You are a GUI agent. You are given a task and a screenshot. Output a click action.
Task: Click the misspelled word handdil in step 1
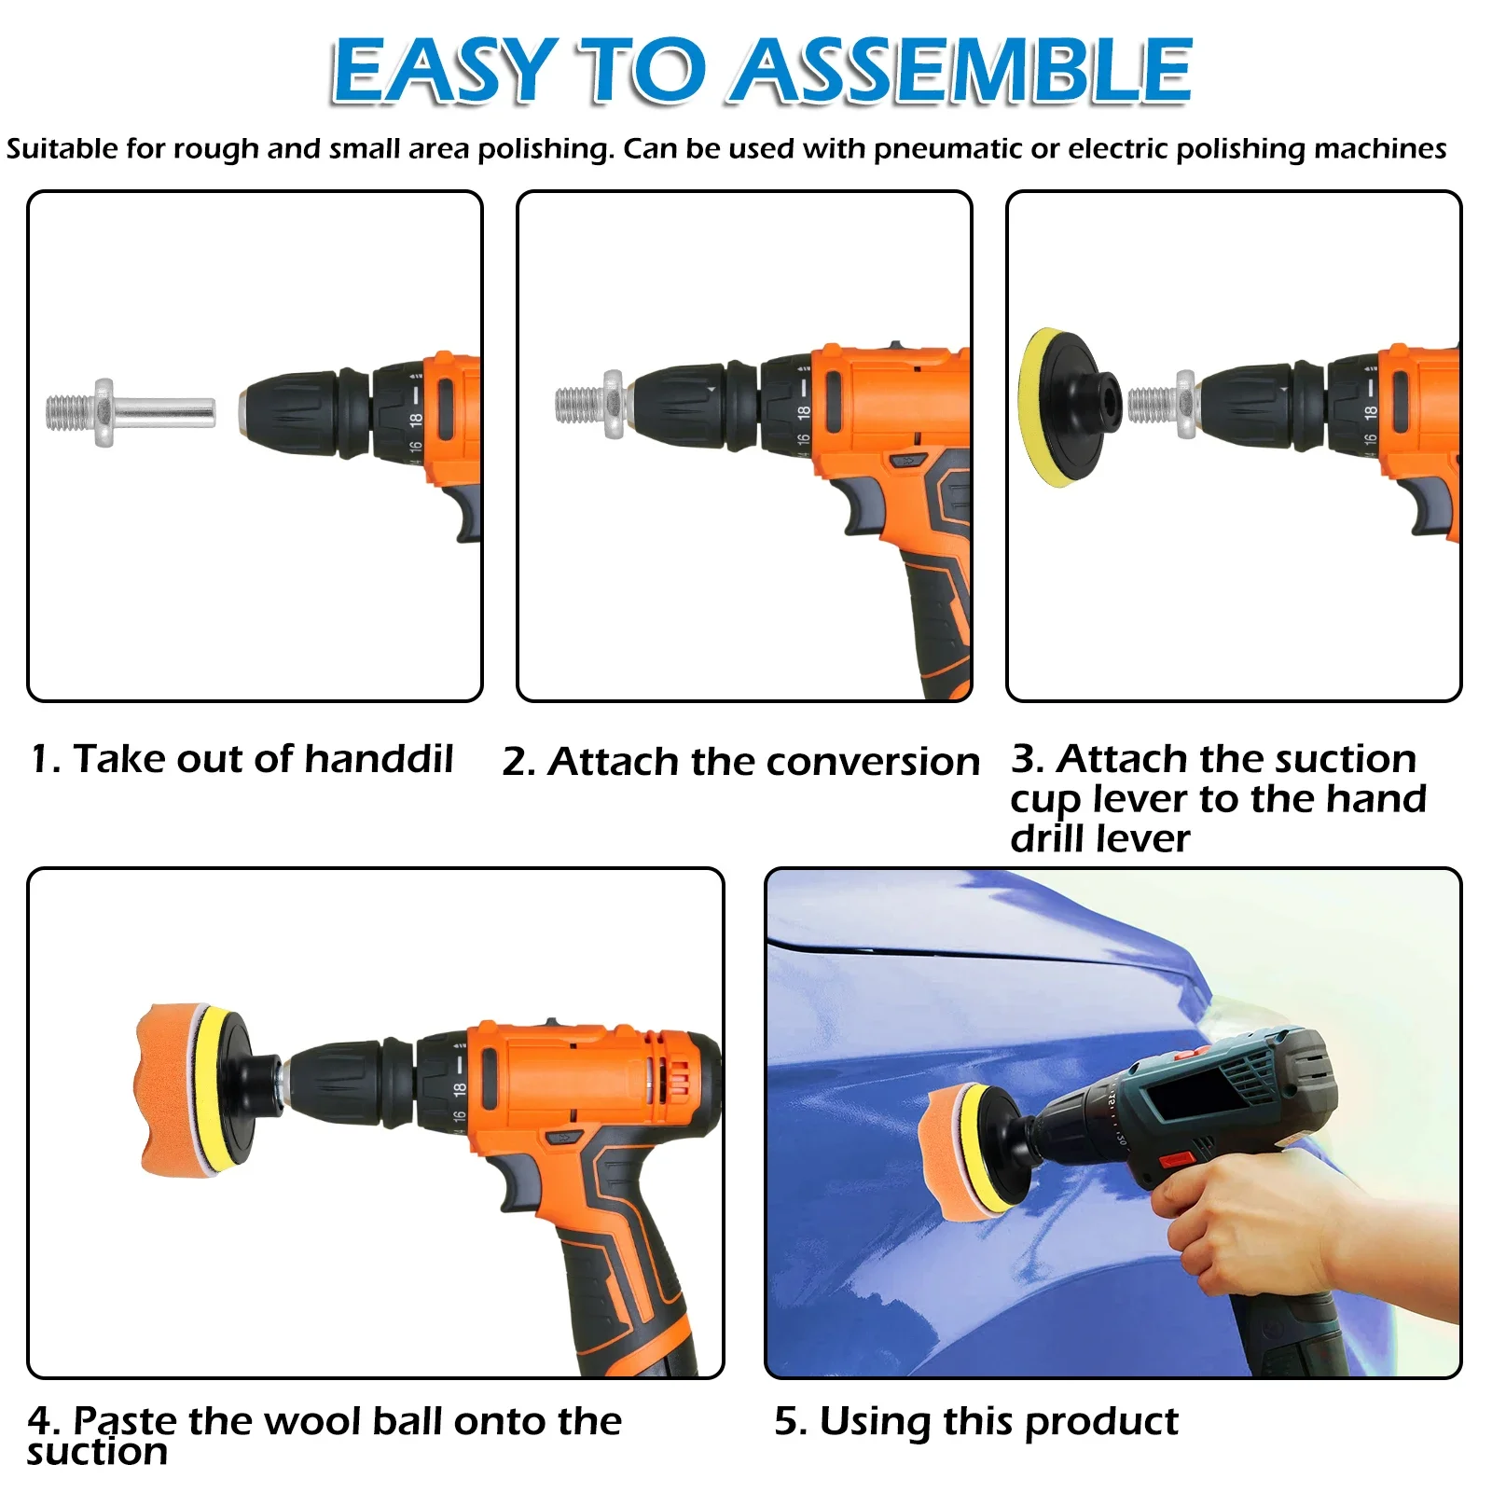[x=379, y=759]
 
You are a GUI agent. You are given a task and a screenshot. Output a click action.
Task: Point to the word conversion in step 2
[x=882, y=763]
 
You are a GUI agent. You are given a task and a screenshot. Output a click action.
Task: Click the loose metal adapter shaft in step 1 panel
[x=131, y=412]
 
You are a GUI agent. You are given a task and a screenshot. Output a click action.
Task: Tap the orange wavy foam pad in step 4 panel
[x=168, y=1089]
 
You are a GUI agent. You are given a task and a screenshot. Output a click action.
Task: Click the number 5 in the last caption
[x=787, y=1422]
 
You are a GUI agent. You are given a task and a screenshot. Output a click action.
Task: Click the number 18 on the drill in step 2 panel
[x=803, y=413]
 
